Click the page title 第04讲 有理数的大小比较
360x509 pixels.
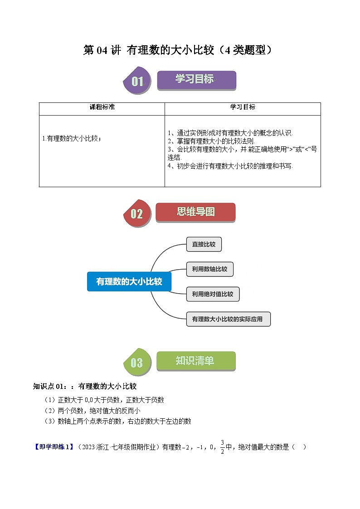180,50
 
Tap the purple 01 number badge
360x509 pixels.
137,82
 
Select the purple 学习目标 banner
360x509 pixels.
196,80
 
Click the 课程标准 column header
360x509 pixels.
102,107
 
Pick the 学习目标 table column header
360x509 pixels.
243,107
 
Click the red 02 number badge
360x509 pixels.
136,213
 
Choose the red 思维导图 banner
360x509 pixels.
195,212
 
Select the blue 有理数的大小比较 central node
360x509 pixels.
129,281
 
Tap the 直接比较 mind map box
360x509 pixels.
204,245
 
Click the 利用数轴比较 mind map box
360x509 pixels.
209,269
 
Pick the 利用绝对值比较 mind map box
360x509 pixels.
212,294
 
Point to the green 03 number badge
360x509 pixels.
136,363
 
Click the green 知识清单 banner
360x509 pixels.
195,361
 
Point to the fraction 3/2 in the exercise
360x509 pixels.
222,446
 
